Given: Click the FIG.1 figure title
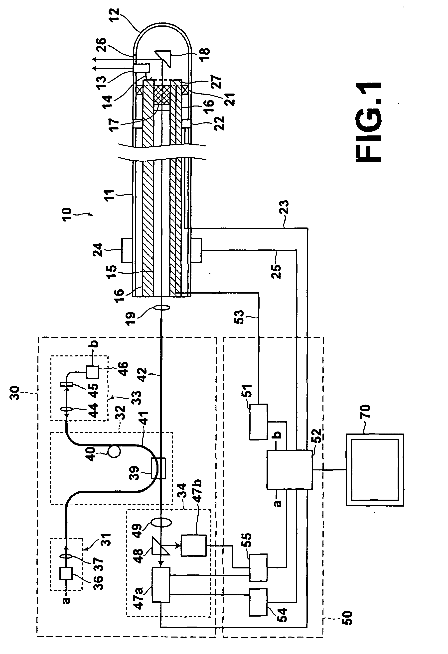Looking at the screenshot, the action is point(369,122).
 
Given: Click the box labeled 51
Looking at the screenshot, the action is point(258,422).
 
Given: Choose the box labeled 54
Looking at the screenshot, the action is point(258,602).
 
